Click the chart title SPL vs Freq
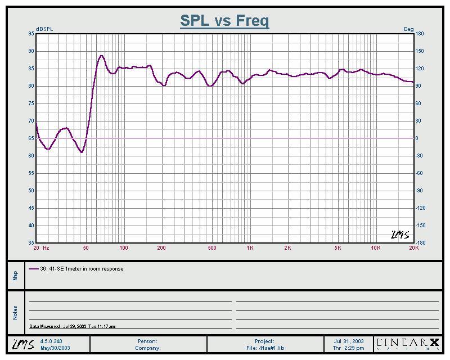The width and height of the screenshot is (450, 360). [x=224, y=21]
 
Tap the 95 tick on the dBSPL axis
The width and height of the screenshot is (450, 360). [x=31, y=34]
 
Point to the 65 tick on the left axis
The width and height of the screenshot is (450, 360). [x=31, y=138]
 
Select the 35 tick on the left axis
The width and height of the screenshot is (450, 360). [x=31, y=243]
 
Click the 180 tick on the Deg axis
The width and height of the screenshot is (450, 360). [x=419, y=34]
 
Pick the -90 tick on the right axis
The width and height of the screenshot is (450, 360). [x=420, y=191]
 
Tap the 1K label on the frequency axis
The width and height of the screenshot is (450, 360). [x=250, y=248]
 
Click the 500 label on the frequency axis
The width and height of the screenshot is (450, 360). [x=212, y=248]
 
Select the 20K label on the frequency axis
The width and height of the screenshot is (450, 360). [x=413, y=248]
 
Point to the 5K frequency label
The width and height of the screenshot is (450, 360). [x=338, y=248]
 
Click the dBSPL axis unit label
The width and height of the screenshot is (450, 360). [x=44, y=29]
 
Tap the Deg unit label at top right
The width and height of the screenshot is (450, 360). [x=408, y=29]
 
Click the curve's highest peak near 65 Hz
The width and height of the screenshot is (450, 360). [x=101, y=56]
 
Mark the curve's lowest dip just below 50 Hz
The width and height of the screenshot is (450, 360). [x=82, y=152]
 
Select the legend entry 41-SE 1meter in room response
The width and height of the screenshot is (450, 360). [x=82, y=269]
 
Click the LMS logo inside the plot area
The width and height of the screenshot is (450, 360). [x=400, y=235]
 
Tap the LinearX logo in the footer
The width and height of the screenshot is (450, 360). [x=407, y=344]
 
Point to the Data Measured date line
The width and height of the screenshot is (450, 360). [x=72, y=326]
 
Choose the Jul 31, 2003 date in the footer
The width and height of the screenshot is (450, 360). [x=349, y=341]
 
